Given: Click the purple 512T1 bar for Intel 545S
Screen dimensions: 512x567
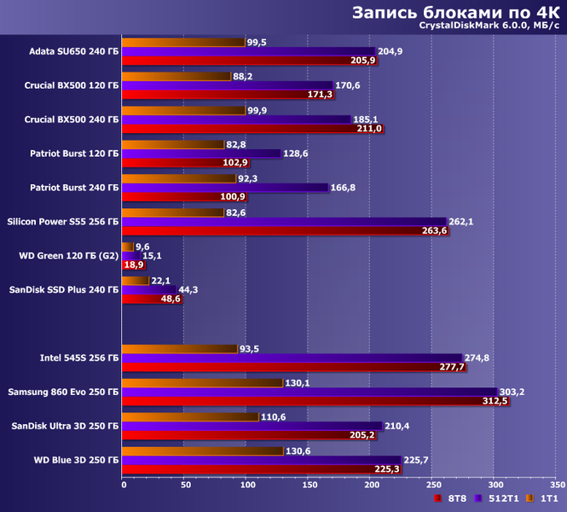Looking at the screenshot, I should [x=292, y=358].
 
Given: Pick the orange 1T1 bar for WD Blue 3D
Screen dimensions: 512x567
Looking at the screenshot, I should [x=203, y=450].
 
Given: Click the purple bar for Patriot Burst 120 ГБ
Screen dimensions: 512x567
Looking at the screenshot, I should [x=201, y=154].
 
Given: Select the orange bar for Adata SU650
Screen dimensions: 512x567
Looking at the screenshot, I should [x=183, y=41].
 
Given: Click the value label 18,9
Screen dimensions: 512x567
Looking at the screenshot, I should [x=134, y=265].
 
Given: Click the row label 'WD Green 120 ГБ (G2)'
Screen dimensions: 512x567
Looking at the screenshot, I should [x=68, y=255].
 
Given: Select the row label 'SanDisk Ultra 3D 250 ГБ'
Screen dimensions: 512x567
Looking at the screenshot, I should [x=64, y=425].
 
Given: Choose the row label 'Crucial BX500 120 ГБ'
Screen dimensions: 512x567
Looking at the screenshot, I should [x=72, y=85].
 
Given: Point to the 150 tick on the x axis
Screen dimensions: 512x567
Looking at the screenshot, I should [x=308, y=486].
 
